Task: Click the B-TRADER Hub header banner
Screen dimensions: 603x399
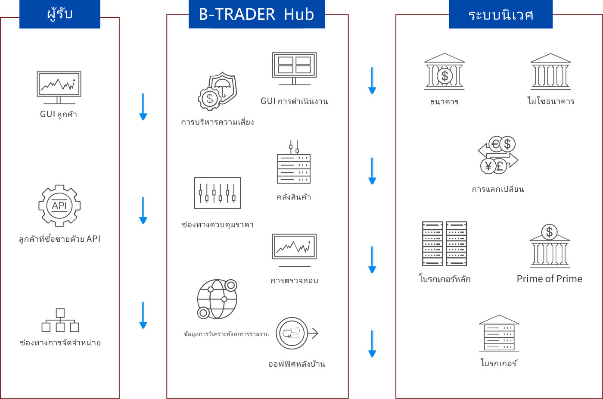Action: (257, 14)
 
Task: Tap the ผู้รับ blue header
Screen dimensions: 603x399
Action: (60, 14)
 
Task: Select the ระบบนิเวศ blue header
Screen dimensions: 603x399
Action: (500, 14)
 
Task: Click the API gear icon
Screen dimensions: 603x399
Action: (59, 206)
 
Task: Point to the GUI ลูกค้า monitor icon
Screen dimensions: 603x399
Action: (59, 87)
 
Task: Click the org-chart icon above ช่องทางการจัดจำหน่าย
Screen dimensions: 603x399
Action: (60, 320)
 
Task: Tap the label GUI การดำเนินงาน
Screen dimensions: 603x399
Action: (294, 101)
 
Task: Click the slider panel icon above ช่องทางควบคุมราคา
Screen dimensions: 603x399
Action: (218, 193)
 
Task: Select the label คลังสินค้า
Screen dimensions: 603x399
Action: (294, 197)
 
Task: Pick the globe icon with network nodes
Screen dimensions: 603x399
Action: (217, 299)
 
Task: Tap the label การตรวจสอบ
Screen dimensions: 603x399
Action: (294, 281)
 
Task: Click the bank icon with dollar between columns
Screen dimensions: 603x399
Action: (444, 72)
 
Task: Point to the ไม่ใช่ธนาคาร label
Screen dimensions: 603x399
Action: (551, 101)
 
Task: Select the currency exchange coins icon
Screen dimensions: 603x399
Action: (498, 155)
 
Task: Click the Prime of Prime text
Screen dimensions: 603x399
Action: (550, 279)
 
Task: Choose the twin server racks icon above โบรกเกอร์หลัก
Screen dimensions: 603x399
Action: (444, 243)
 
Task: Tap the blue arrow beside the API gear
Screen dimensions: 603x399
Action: (143, 211)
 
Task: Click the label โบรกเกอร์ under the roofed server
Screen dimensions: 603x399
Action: (499, 363)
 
